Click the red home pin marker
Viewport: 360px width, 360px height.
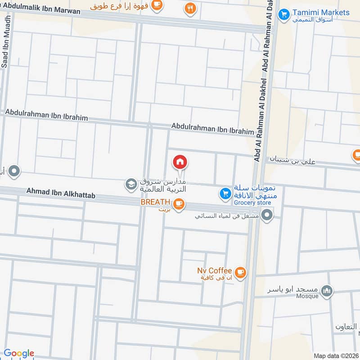pos(180,162)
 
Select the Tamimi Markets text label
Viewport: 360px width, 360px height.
pos(321,12)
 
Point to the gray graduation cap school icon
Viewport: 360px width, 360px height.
pos(130,184)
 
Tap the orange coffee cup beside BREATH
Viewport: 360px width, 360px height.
pos(179,204)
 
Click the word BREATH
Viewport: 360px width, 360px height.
pos(155,202)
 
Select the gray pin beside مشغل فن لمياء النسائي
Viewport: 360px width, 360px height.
pos(267,215)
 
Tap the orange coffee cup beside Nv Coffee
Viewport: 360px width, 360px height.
pos(240,272)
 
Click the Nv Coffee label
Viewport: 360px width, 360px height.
pos(214,270)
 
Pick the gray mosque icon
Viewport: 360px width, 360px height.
pos(328,291)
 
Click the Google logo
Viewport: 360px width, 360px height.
pos(19,353)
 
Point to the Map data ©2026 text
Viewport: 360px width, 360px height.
pos(335,355)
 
